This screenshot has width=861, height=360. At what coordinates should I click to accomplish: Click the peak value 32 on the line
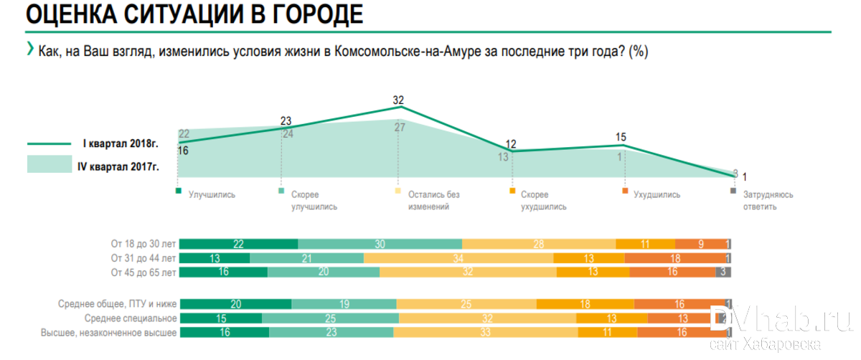click(399, 100)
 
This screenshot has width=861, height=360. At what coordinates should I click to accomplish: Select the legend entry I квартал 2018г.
click(120, 143)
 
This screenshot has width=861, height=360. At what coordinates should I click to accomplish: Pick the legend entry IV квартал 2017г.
click(118, 166)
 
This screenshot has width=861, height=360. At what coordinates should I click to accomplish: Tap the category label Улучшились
click(211, 194)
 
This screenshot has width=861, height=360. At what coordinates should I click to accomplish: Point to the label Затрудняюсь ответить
click(768, 200)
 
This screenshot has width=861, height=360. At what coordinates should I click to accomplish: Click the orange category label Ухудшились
click(657, 194)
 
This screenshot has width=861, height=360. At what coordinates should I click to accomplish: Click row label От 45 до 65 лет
click(142, 273)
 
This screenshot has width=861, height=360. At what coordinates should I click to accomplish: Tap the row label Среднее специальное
click(131, 318)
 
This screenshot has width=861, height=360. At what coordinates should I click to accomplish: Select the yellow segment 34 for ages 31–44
click(458, 258)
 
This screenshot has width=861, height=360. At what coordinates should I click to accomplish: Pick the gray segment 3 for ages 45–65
click(724, 273)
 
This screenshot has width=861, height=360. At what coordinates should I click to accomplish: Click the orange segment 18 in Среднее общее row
click(585, 304)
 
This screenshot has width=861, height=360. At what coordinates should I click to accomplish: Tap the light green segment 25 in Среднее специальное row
click(330, 318)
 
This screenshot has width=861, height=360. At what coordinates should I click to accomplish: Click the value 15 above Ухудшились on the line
click(621, 137)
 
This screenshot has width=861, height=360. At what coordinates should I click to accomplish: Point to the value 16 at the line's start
click(182, 151)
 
